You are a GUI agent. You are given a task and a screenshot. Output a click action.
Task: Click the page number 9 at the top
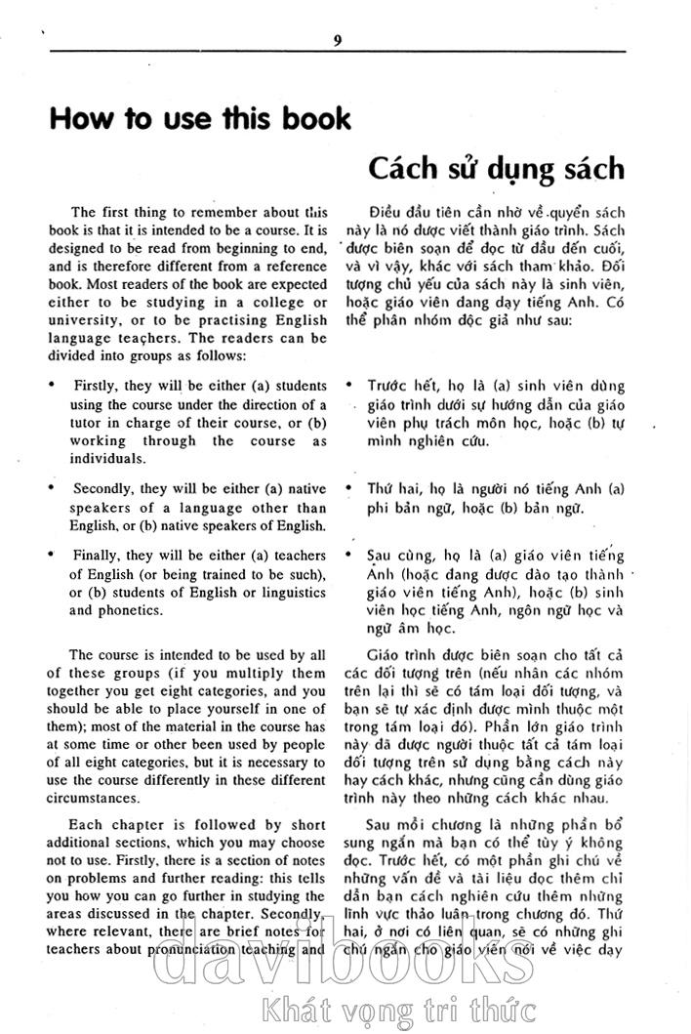[337, 40]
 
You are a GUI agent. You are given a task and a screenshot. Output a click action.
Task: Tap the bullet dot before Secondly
[52, 485]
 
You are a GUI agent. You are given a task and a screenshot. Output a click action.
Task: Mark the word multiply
[249, 673]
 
